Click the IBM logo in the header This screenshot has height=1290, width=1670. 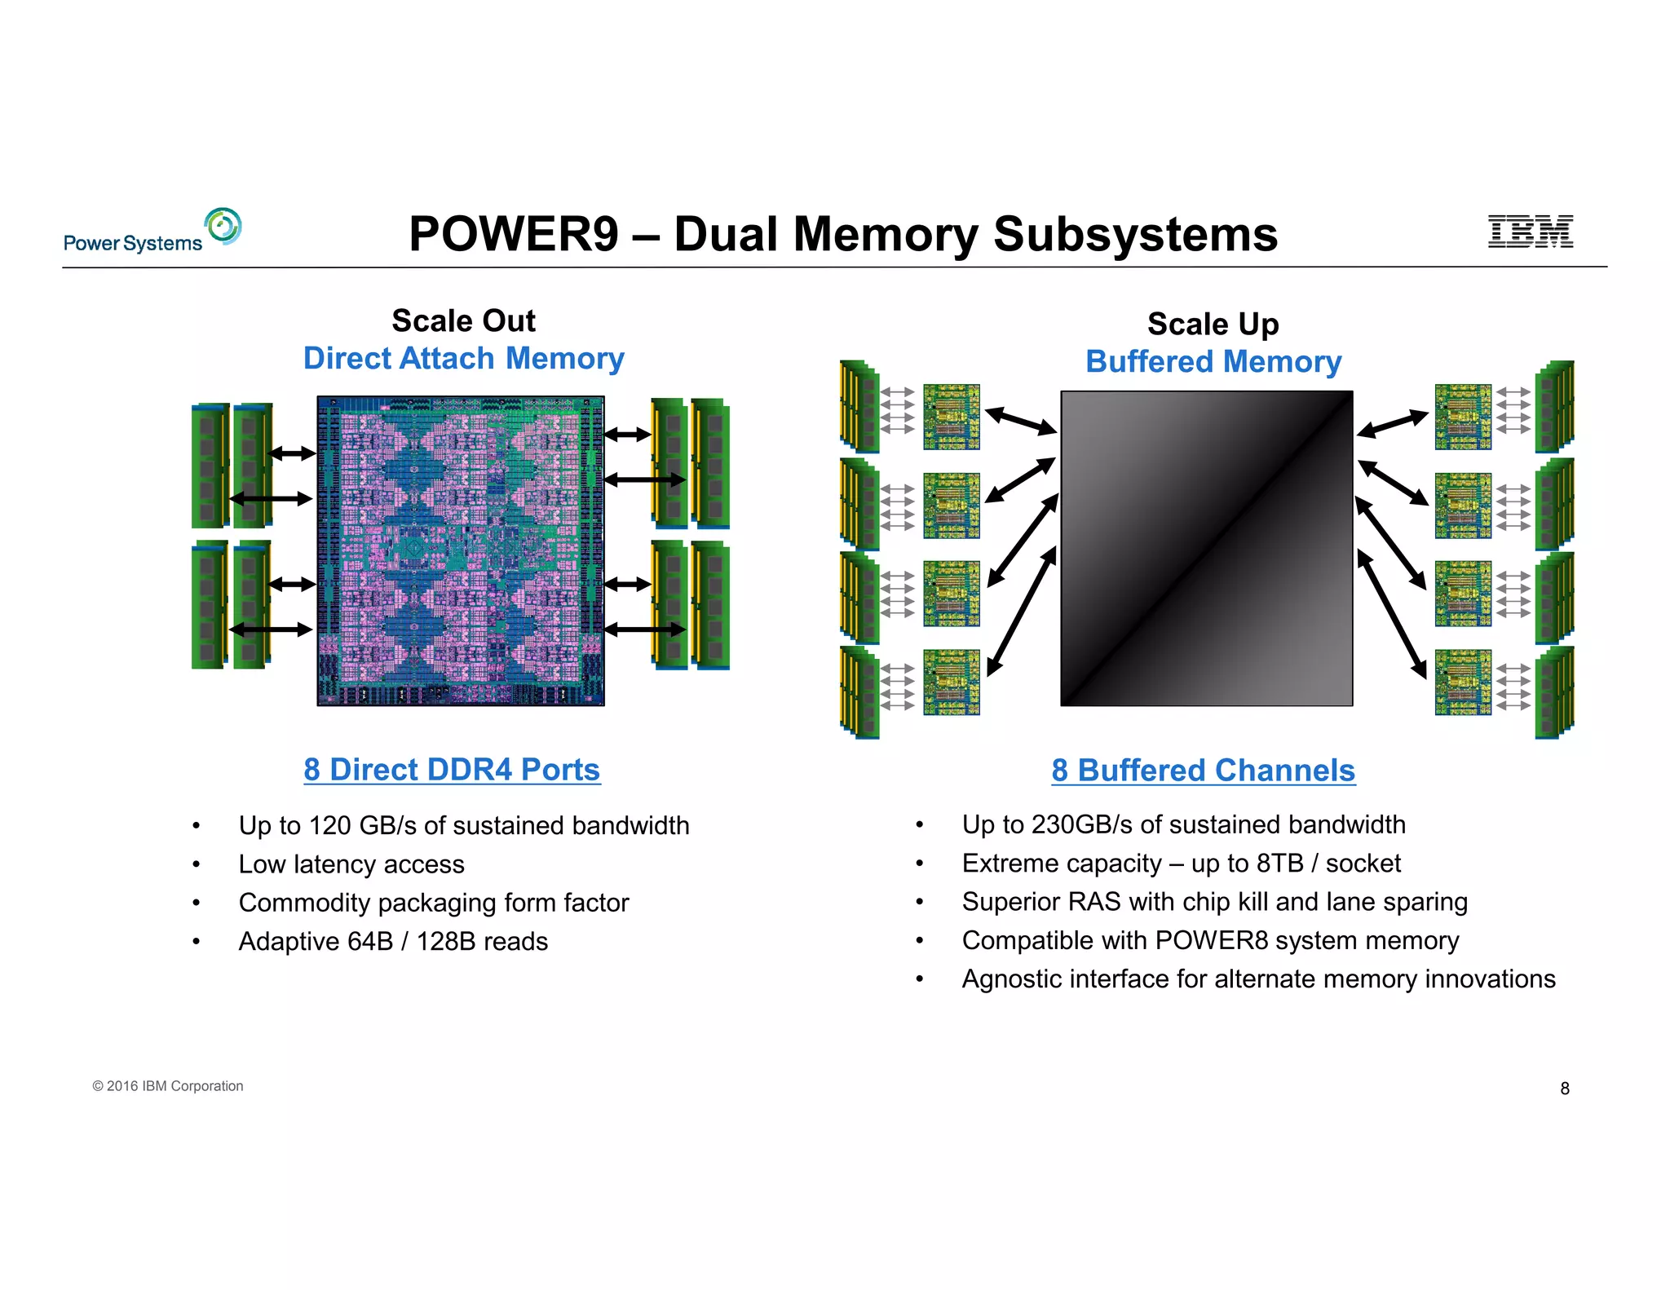tap(1530, 232)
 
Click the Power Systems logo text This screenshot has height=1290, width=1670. tap(133, 243)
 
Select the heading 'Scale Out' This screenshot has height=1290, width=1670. tap(463, 320)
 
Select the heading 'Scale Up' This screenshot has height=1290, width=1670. tap(1213, 324)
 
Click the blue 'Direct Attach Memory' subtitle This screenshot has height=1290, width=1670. tap(463, 359)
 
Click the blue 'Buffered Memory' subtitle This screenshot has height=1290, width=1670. tap(1213, 361)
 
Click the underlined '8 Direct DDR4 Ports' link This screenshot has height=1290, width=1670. tap(452, 770)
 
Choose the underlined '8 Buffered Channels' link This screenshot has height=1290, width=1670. tap(1203, 771)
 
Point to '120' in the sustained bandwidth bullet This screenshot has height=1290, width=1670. tap(329, 825)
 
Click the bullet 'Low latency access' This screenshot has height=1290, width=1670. tap(351, 864)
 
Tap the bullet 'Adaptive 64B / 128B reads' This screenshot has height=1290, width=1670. tap(393, 942)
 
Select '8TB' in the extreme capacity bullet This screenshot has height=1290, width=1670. tap(1279, 864)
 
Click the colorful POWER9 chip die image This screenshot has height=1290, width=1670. tap(461, 551)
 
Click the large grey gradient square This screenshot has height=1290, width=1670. tap(1206, 548)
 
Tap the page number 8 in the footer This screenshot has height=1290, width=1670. tap(1564, 1089)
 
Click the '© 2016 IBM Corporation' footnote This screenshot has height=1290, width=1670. tap(168, 1086)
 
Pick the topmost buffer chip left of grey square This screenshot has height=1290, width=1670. tap(951, 417)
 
